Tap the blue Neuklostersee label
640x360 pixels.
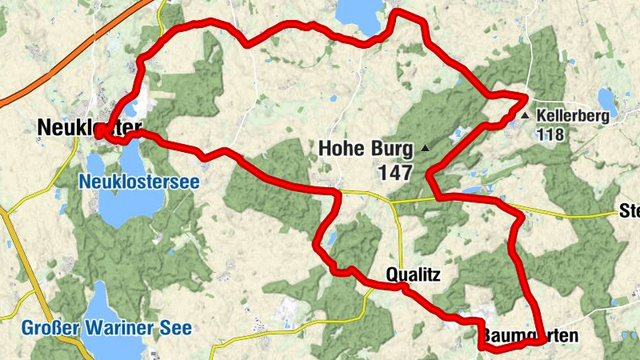click(x=138, y=182)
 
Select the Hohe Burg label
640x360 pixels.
click(x=366, y=148)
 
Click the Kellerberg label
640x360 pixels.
click(x=573, y=116)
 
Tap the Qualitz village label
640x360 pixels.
click(x=413, y=274)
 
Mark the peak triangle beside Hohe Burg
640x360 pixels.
click(x=425, y=148)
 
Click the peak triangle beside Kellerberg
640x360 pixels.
click(x=526, y=116)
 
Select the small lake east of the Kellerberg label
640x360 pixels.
click(x=608, y=100)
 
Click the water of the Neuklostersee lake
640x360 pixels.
click(x=116, y=204)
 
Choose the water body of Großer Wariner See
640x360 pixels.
click(x=100, y=304)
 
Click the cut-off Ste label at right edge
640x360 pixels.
click(x=630, y=212)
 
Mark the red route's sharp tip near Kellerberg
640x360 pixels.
click(x=526, y=98)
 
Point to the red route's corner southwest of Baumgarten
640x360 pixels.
click(x=482, y=346)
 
